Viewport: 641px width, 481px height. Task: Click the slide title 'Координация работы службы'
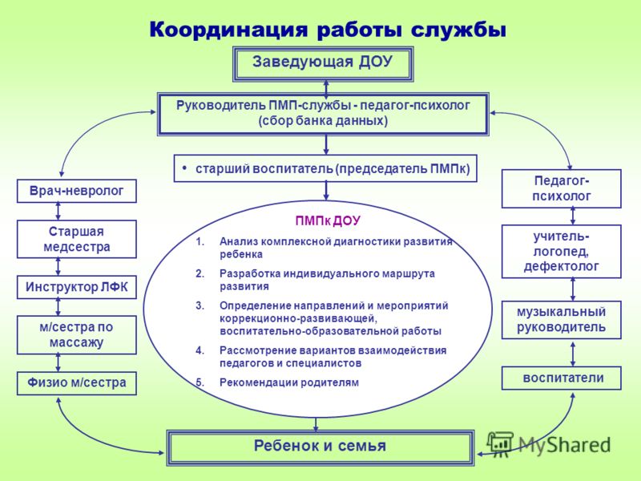pos(328,30)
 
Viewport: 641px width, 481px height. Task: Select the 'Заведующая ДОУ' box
pos(323,64)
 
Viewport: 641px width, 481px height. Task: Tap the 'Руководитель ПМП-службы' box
pos(324,114)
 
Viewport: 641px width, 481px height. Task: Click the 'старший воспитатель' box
pos(325,168)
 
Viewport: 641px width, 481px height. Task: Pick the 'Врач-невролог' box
pos(76,191)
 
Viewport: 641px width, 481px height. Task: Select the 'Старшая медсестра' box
pos(76,239)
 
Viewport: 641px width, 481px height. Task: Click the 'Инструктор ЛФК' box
pos(76,287)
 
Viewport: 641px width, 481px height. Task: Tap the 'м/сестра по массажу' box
pos(76,335)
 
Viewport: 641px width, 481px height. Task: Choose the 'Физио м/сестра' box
pos(76,383)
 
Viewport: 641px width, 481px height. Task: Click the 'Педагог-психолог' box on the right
pos(562,188)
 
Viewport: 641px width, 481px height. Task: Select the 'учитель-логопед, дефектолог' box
pos(562,252)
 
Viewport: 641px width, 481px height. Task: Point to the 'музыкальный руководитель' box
pos(562,320)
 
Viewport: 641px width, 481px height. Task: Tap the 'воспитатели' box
pos(562,378)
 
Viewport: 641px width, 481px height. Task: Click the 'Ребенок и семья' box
pos(320,448)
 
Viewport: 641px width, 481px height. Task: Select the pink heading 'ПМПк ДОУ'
pos(328,221)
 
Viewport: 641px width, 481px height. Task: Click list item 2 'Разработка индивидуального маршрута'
pos(327,280)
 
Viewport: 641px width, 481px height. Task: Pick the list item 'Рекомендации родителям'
pos(289,383)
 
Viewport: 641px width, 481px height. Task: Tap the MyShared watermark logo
pos(550,444)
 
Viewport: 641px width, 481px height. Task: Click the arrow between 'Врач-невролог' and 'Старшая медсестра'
pos(58,212)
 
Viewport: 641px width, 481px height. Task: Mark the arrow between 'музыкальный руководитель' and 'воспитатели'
pos(573,353)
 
